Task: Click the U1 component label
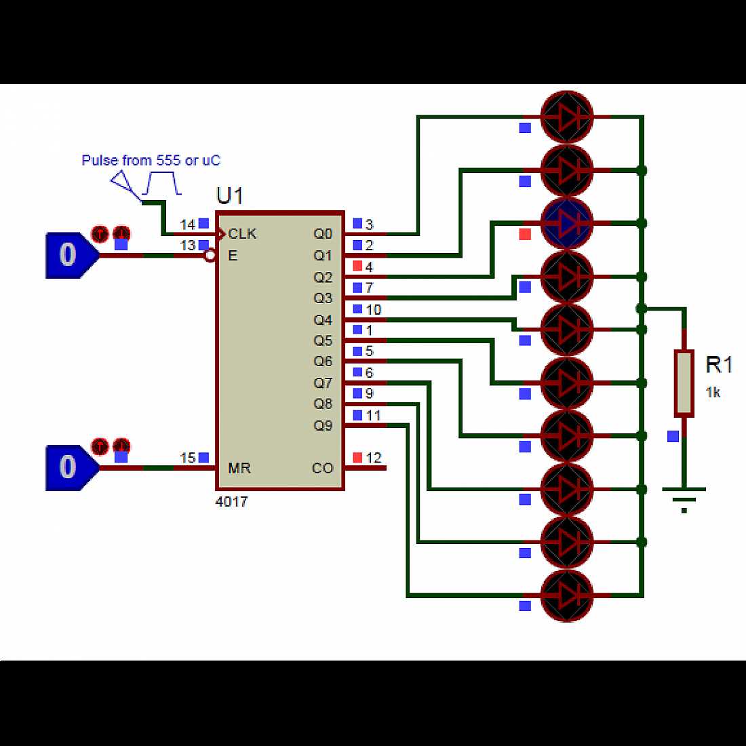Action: [x=229, y=195]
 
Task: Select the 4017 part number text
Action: [x=231, y=502]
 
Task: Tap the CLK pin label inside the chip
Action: [x=242, y=234]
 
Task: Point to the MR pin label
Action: [x=239, y=468]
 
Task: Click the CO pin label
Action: [x=322, y=468]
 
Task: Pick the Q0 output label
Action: [x=323, y=234]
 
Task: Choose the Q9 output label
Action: [x=323, y=425]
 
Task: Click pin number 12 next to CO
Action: [x=374, y=458]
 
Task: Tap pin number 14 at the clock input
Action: [x=187, y=224]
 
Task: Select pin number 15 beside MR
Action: [x=187, y=458]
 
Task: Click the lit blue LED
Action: [x=567, y=222]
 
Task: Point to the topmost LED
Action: [x=567, y=117]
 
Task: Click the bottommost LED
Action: [x=567, y=595]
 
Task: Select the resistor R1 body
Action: [x=684, y=383]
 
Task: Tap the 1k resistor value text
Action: [x=713, y=393]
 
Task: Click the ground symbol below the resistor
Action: [x=684, y=498]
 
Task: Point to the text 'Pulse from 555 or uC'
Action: [x=151, y=161]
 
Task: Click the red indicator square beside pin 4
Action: [x=357, y=267]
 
